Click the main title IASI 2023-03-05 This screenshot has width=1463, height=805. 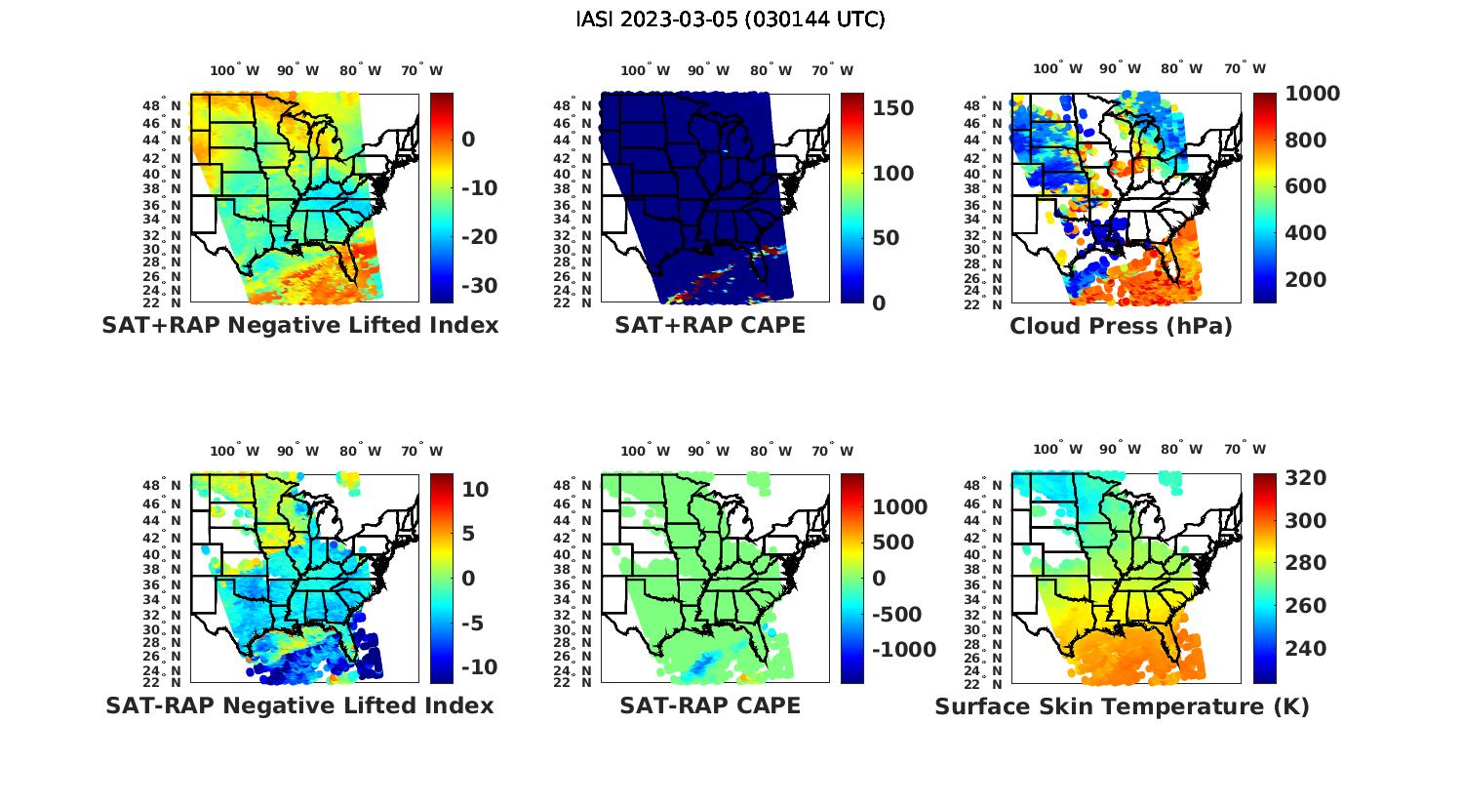[731, 20]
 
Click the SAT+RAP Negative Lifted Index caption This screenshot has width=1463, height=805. [300, 325]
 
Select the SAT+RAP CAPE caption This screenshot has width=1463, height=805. [710, 325]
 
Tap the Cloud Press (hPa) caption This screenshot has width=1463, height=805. [1121, 326]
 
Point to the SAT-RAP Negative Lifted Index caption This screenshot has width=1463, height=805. [299, 705]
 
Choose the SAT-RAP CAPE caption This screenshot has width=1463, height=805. [710, 705]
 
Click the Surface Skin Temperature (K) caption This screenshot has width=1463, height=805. [1122, 706]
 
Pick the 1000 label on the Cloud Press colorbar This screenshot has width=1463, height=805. [1313, 94]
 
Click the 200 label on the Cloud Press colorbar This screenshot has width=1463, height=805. [1306, 280]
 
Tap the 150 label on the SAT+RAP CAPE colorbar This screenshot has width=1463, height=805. [892, 108]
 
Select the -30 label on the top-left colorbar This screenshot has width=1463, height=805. [478, 286]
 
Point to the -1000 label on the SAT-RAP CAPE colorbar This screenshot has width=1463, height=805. [903, 650]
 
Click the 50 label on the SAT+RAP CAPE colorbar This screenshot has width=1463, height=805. [886, 238]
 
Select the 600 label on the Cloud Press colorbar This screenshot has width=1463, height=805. [1306, 186]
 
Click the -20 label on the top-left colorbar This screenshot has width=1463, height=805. [478, 237]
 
